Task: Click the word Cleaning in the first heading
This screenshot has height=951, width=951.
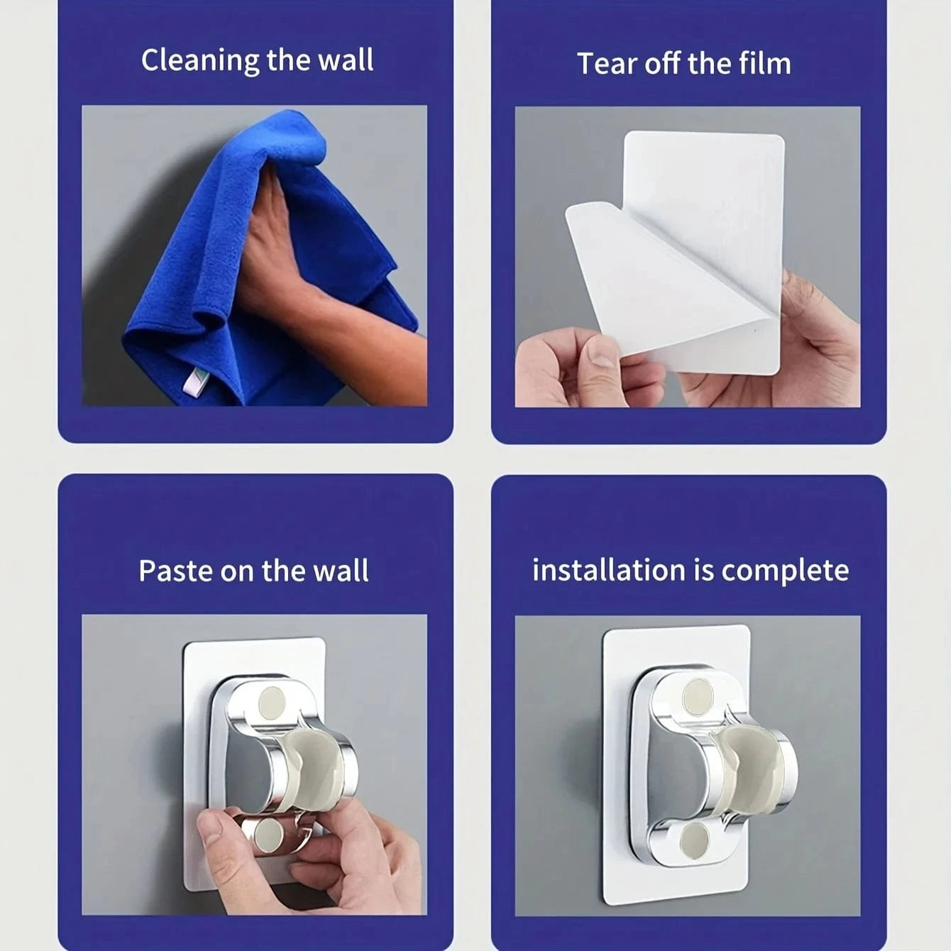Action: click(200, 61)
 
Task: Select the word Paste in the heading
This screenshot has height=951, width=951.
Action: click(176, 571)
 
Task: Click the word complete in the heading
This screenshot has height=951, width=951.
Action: click(785, 572)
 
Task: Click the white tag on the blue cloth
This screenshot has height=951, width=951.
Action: click(192, 383)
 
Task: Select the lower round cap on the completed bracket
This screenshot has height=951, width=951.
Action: click(693, 840)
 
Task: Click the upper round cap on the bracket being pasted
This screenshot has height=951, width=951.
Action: click(271, 703)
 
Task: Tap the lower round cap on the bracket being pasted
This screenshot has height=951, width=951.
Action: click(269, 834)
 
